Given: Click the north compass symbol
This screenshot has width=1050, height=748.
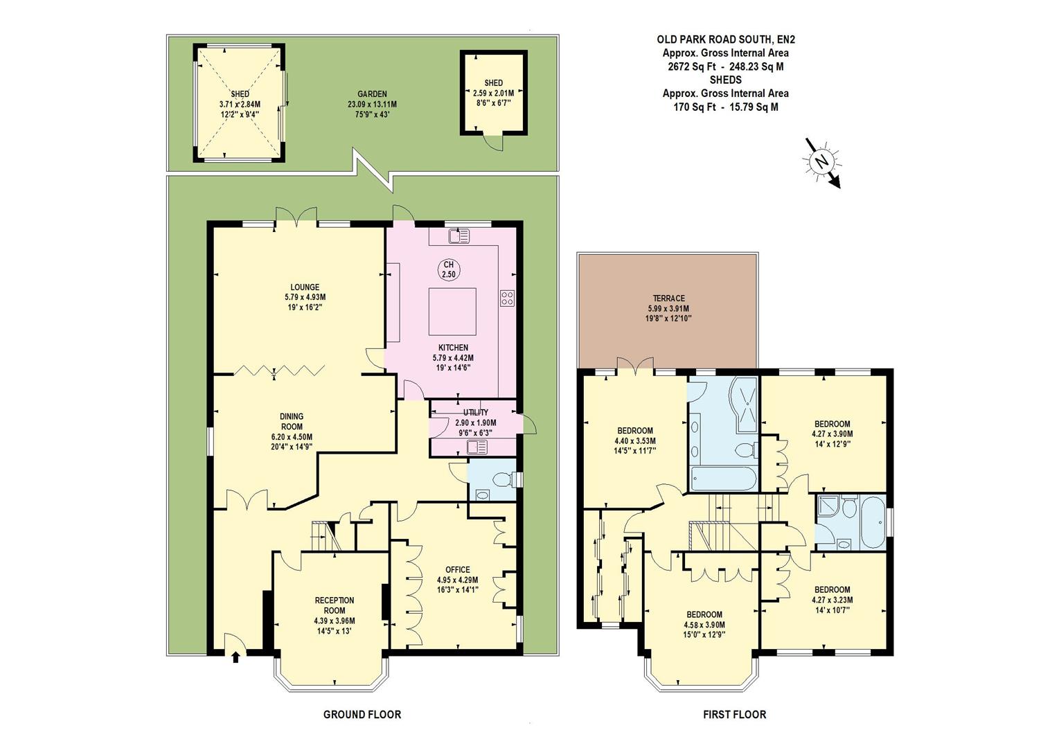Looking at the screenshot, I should point(822,162).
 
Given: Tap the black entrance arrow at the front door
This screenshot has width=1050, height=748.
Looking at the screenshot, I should point(235,657).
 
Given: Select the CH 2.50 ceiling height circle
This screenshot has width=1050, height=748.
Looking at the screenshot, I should point(449,269).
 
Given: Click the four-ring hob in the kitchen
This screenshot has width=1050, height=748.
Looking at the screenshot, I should point(507,298).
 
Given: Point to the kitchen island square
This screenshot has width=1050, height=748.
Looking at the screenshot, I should point(452,311).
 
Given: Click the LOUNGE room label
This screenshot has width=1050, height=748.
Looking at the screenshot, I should point(305,287).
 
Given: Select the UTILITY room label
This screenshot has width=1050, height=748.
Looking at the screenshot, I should point(476,412).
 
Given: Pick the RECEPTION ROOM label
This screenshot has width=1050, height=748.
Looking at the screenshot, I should point(335,605).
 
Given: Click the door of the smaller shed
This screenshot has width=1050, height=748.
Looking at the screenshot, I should point(492,141).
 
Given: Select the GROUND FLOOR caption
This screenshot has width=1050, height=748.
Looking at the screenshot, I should point(362,714).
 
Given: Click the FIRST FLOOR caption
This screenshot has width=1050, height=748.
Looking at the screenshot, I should point(734,714).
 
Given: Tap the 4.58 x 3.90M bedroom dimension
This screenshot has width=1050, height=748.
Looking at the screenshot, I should point(704,624).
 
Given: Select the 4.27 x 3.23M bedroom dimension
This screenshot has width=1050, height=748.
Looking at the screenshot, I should point(832,600).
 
